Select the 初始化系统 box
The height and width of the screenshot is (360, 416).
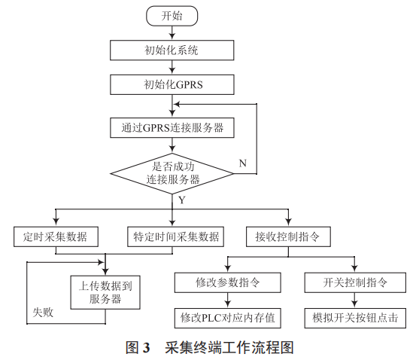coord(172,50)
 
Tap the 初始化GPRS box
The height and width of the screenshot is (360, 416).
coord(172,84)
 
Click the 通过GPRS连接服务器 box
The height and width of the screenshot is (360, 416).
coord(172,128)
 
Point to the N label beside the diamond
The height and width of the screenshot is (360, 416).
coord(242,163)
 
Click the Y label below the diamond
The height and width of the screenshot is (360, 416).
coord(181,200)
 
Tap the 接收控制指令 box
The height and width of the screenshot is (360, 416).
coord(288,236)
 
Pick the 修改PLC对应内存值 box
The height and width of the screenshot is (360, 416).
coord(228,319)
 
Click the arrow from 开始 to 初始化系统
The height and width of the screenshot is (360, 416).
coord(172,32)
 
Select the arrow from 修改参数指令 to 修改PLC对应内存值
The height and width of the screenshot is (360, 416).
coord(228,301)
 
